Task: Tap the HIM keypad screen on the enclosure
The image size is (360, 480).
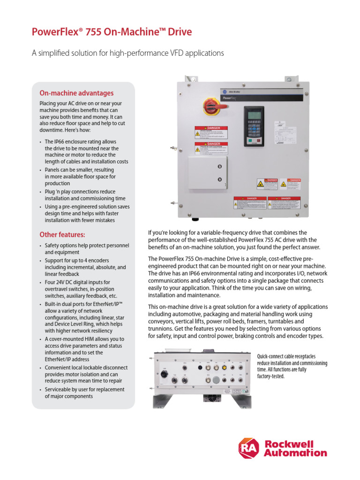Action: (x=253, y=115)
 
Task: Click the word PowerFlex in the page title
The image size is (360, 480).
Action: (x=54, y=32)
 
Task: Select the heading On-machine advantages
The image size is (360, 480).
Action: (x=76, y=93)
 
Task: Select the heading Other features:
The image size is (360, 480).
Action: (x=62, y=234)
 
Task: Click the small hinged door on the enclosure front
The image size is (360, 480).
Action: (x=208, y=173)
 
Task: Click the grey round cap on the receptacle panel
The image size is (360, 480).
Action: (x=216, y=380)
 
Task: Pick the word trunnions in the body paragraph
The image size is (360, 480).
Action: (x=162, y=329)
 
